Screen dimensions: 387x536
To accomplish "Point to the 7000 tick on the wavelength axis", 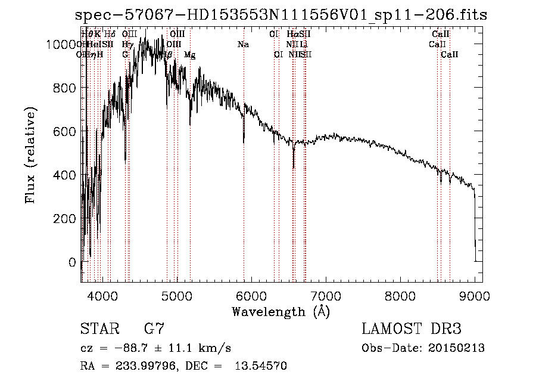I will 325,295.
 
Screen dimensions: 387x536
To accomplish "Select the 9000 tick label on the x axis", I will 475,295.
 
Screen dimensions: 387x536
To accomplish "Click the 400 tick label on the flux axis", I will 67,175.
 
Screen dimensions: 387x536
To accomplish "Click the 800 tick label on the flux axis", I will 67,88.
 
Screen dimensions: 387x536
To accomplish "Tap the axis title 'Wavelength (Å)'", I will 281,311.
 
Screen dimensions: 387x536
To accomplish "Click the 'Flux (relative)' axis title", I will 30,156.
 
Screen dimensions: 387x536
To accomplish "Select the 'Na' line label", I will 243,45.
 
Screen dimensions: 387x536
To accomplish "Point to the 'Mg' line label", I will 190,55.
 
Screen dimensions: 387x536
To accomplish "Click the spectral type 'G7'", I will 154,329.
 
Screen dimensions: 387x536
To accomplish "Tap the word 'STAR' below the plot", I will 99,329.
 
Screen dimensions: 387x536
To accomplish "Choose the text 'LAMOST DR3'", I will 411,329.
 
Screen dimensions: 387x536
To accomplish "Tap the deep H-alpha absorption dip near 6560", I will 293,168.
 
